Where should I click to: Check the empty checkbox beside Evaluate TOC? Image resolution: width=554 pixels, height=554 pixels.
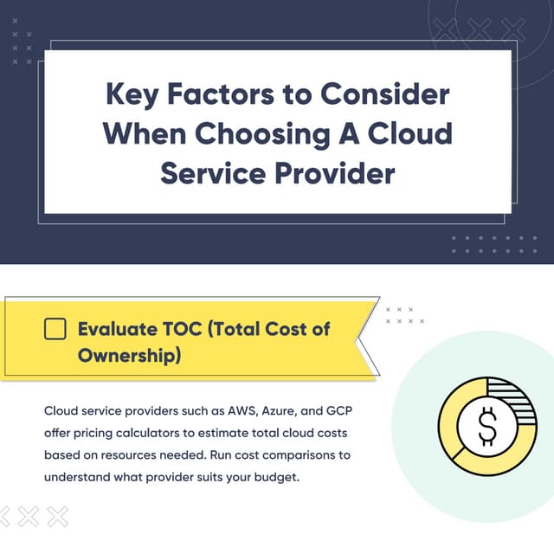click(x=55, y=329)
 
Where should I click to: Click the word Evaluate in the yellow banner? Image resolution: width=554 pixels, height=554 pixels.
click(x=119, y=329)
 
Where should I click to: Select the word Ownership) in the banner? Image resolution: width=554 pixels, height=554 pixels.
click(x=129, y=355)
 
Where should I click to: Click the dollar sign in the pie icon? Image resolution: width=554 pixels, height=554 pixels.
click(x=487, y=425)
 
